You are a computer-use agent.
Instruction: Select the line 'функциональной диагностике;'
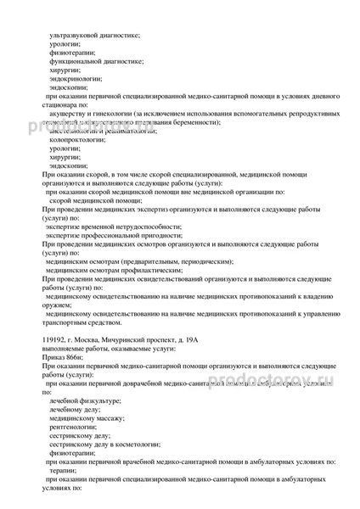[95, 62]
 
